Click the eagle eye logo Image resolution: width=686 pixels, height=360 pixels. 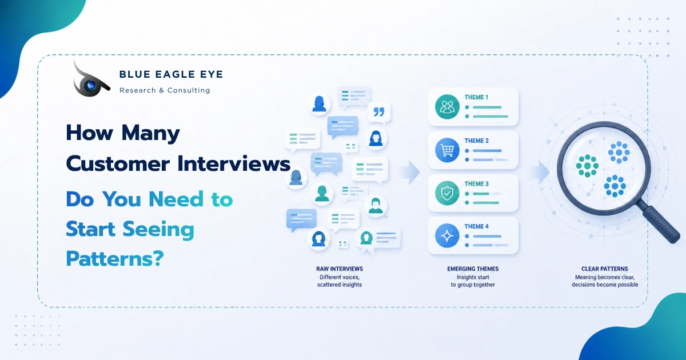tap(91, 81)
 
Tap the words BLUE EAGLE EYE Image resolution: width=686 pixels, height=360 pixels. tap(171, 74)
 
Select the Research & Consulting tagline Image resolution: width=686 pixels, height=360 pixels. tap(165, 90)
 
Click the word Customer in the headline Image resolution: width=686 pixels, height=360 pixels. tap(118, 163)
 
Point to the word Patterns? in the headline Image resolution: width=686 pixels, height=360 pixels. tap(115, 259)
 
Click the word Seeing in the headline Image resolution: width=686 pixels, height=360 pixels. tap(158, 230)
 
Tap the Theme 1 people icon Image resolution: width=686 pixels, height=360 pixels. tap(447, 107)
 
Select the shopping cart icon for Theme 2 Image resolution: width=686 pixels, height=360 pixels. tap(447, 150)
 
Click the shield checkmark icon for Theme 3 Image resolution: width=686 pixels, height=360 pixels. tap(447, 193)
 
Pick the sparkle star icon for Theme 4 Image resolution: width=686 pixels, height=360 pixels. tap(447, 235)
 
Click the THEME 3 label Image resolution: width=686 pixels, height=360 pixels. tap(477, 183)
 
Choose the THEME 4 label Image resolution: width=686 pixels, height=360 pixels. tap(477, 226)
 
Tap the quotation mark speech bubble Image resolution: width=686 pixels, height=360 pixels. tap(379, 113)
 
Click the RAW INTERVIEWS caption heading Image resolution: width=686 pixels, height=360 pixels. tap(340, 269)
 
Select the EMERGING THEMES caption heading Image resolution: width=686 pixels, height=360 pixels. tap(473, 269)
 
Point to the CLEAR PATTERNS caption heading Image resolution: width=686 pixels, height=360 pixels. tap(605, 269)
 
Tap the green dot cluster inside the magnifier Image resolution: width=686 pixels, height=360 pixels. tap(587, 166)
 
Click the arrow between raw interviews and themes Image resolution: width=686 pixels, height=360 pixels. tap(410, 172)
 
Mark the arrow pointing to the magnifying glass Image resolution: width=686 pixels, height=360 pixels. tap(540, 172)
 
